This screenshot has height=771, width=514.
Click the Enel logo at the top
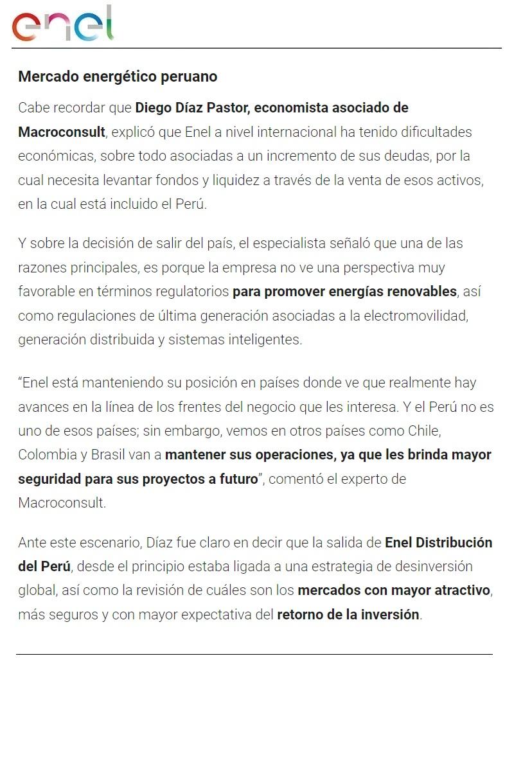[62, 24]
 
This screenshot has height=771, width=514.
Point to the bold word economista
[291, 107]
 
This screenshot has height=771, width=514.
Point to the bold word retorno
[301, 614]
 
